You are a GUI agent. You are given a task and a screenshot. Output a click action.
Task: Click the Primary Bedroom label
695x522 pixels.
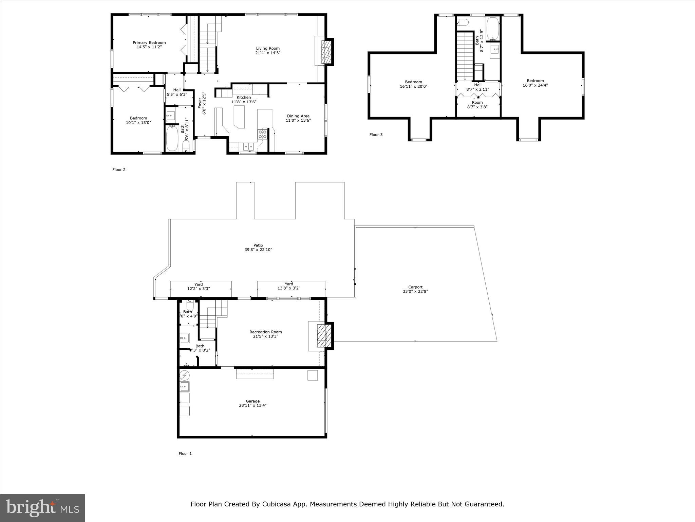149,42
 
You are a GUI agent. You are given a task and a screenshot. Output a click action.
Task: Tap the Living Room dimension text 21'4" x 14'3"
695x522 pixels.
268,53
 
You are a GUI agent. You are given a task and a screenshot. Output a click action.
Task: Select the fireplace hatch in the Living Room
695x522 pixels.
326,52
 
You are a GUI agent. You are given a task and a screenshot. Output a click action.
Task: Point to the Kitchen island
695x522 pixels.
240,117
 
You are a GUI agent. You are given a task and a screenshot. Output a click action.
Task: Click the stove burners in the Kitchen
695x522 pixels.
263,134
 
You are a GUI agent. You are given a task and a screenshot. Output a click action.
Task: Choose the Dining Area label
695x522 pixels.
298,116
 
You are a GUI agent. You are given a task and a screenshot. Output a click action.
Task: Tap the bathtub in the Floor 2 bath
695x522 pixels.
172,138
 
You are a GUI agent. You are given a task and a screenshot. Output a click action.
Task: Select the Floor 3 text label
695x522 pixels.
376,135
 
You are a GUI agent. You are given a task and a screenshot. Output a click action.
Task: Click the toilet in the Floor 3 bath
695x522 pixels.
463,23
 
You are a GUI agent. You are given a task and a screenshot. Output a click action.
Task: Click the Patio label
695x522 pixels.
258,245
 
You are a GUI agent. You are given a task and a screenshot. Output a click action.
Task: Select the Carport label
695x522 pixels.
415,287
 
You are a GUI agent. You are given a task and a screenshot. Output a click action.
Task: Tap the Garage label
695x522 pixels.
252,401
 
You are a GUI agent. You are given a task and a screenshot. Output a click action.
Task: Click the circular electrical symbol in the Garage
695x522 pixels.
185,375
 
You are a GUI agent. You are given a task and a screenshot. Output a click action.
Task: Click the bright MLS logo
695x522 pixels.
42,508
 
